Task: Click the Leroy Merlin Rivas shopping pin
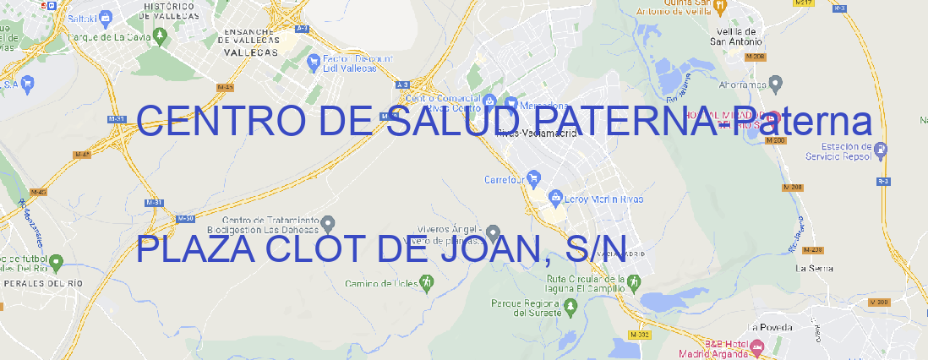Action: pyautogui.click(x=555, y=199)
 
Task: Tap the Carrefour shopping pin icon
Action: pyautogui.click(x=535, y=179)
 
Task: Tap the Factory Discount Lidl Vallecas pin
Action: pyautogui.click(x=314, y=61)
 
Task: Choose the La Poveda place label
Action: pyautogui.click(x=771, y=327)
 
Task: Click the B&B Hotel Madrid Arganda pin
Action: pyautogui.click(x=757, y=346)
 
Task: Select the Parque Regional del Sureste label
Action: pyautogui.click(x=526, y=308)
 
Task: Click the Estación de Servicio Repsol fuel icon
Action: pyautogui.click(x=882, y=150)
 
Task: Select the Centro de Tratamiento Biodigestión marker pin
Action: pyautogui.click(x=328, y=223)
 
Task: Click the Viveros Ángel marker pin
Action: pyautogui.click(x=494, y=232)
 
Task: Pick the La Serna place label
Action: pyautogui.click(x=814, y=268)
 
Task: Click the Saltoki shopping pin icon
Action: pyautogui.click(x=105, y=16)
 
